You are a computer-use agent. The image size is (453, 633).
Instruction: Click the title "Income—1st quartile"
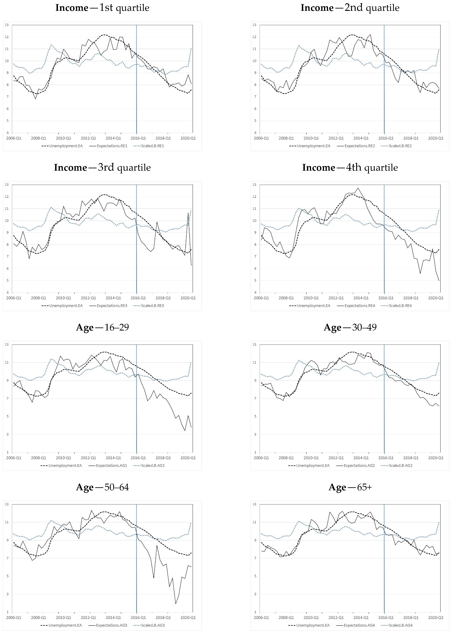[102, 8]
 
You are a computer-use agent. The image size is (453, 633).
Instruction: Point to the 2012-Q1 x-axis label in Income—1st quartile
[88, 138]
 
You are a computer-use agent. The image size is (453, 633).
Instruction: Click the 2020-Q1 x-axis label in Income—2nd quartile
[436, 138]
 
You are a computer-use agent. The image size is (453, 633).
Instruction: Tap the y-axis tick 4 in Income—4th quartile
[255, 292]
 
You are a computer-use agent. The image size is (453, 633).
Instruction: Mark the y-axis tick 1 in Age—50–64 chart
[8, 612]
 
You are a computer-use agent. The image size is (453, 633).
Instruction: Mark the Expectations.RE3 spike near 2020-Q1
[188, 213]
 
